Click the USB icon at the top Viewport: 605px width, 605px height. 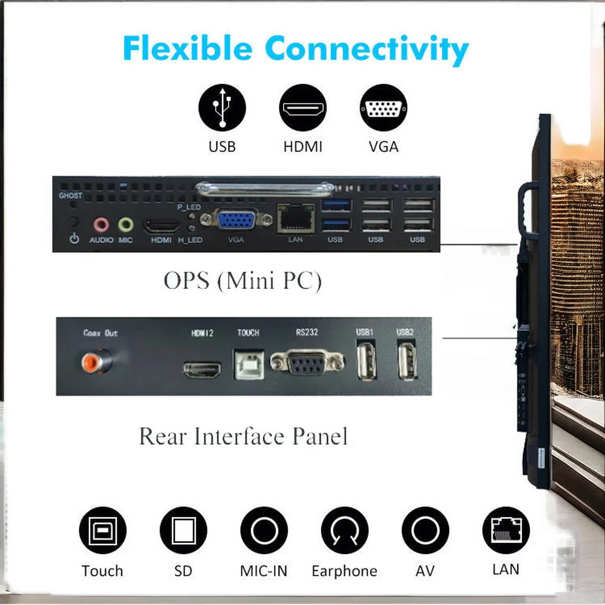point(222,108)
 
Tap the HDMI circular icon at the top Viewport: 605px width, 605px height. point(302,108)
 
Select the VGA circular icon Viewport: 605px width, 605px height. point(383,108)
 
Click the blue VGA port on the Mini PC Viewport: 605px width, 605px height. point(236,220)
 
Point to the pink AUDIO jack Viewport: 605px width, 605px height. point(101,225)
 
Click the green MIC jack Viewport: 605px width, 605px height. point(125,225)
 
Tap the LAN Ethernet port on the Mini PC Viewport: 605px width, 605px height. point(295,217)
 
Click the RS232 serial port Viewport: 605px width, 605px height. point(307,362)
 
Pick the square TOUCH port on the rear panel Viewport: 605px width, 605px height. point(249,366)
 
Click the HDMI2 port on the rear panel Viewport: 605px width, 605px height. point(202,370)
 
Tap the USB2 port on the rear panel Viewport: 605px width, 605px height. point(406,360)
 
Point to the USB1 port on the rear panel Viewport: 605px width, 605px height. point(366,360)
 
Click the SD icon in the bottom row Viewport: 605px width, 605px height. point(183,531)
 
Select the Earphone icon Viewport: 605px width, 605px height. point(344,531)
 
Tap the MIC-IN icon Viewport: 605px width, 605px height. point(264,531)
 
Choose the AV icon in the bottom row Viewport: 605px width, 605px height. point(425,531)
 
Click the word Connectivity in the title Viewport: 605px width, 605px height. point(366,50)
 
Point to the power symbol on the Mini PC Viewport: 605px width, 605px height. point(74,239)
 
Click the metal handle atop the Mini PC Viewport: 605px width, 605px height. point(265,189)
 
